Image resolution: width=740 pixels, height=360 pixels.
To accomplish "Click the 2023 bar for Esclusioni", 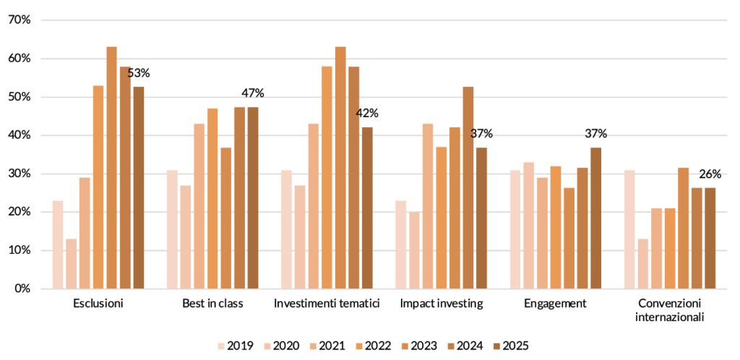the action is pos(111,168).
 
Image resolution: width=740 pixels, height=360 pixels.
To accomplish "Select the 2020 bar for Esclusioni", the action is pos(71,264).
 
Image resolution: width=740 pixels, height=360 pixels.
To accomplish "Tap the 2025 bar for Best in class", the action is pos(253,197).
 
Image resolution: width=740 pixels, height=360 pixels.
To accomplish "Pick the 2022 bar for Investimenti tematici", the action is pos(327,177).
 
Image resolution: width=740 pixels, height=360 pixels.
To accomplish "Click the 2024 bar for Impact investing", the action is pos(468,188).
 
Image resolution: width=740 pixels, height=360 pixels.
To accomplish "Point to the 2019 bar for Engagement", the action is pos(515,229).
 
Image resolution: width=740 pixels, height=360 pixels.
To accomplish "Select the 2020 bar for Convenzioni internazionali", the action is pos(642,264).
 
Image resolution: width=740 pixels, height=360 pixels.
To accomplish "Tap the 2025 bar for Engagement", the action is pos(595,218).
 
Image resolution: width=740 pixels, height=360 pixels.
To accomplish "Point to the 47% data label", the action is pos(253,93).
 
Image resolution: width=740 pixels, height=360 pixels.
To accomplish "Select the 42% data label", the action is pos(368,113).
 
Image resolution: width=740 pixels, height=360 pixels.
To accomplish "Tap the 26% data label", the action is pos(710,174).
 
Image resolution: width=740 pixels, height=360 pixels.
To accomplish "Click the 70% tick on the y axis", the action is pos(20,20).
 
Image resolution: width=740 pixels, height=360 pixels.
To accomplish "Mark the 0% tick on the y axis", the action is pos(22,288).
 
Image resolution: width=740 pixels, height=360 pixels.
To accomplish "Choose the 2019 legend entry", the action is pos(236,346).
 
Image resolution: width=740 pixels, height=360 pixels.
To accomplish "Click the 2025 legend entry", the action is pos(511,346).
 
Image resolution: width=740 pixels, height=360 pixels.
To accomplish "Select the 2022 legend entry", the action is pos(374,346).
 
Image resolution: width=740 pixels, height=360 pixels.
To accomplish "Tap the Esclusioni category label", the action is pos(98,304).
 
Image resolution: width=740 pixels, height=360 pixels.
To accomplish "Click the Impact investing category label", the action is pos(442,304).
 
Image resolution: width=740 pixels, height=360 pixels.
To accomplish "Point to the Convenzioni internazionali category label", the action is pos(670,310).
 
